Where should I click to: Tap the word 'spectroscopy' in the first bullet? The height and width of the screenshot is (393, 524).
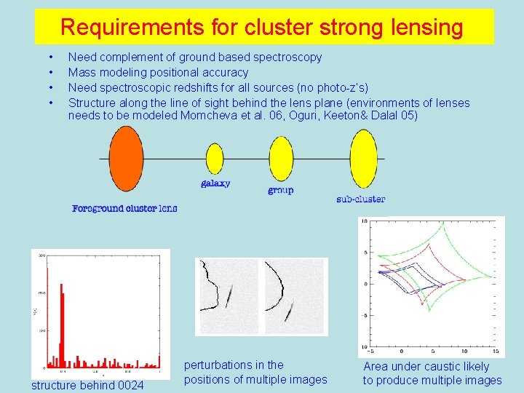click(285, 57)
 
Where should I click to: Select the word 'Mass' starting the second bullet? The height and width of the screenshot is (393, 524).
click(82, 72)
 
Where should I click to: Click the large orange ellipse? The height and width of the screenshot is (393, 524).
click(127, 159)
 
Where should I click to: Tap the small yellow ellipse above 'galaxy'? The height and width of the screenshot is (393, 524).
click(215, 159)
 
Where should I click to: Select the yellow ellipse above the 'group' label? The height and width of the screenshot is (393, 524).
click(281, 159)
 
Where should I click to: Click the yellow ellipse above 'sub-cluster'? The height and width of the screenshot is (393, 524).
click(363, 159)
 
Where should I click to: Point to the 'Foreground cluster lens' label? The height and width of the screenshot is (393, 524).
click(124, 209)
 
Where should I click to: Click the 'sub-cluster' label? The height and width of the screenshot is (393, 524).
click(361, 199)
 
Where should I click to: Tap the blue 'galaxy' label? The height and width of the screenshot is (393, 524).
click(215, 183)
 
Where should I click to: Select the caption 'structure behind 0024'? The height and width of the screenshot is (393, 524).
click(87, 385)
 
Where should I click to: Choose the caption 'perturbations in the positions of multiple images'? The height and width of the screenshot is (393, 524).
click(255, 372)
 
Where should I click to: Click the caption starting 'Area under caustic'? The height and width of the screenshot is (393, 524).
click(432, 373)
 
